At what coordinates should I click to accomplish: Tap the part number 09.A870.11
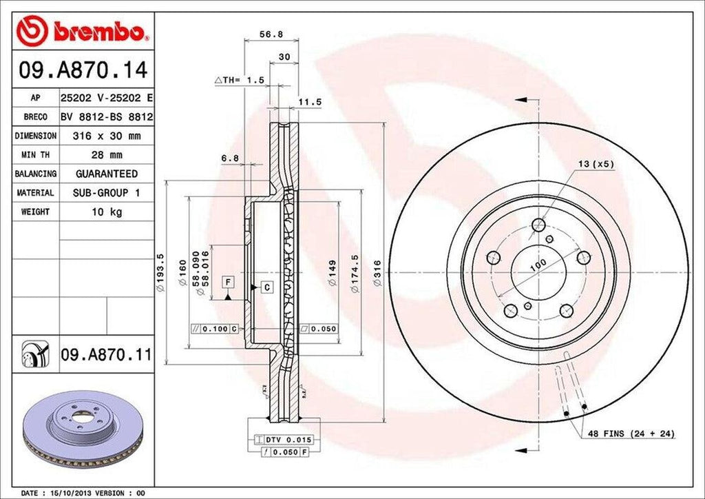[x=105, y=355]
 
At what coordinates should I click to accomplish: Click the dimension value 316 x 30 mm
[x=106, y=136]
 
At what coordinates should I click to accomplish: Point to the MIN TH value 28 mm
[x=106, y=155]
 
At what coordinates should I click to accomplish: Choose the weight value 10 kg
[x=106, y=212]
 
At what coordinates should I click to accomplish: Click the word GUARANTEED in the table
[x=106, y=174]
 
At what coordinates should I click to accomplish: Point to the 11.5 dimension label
[x=310, y=102]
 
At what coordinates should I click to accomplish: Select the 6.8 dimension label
[x=229, y=158]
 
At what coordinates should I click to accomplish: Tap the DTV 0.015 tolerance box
[x=284, y=439]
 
